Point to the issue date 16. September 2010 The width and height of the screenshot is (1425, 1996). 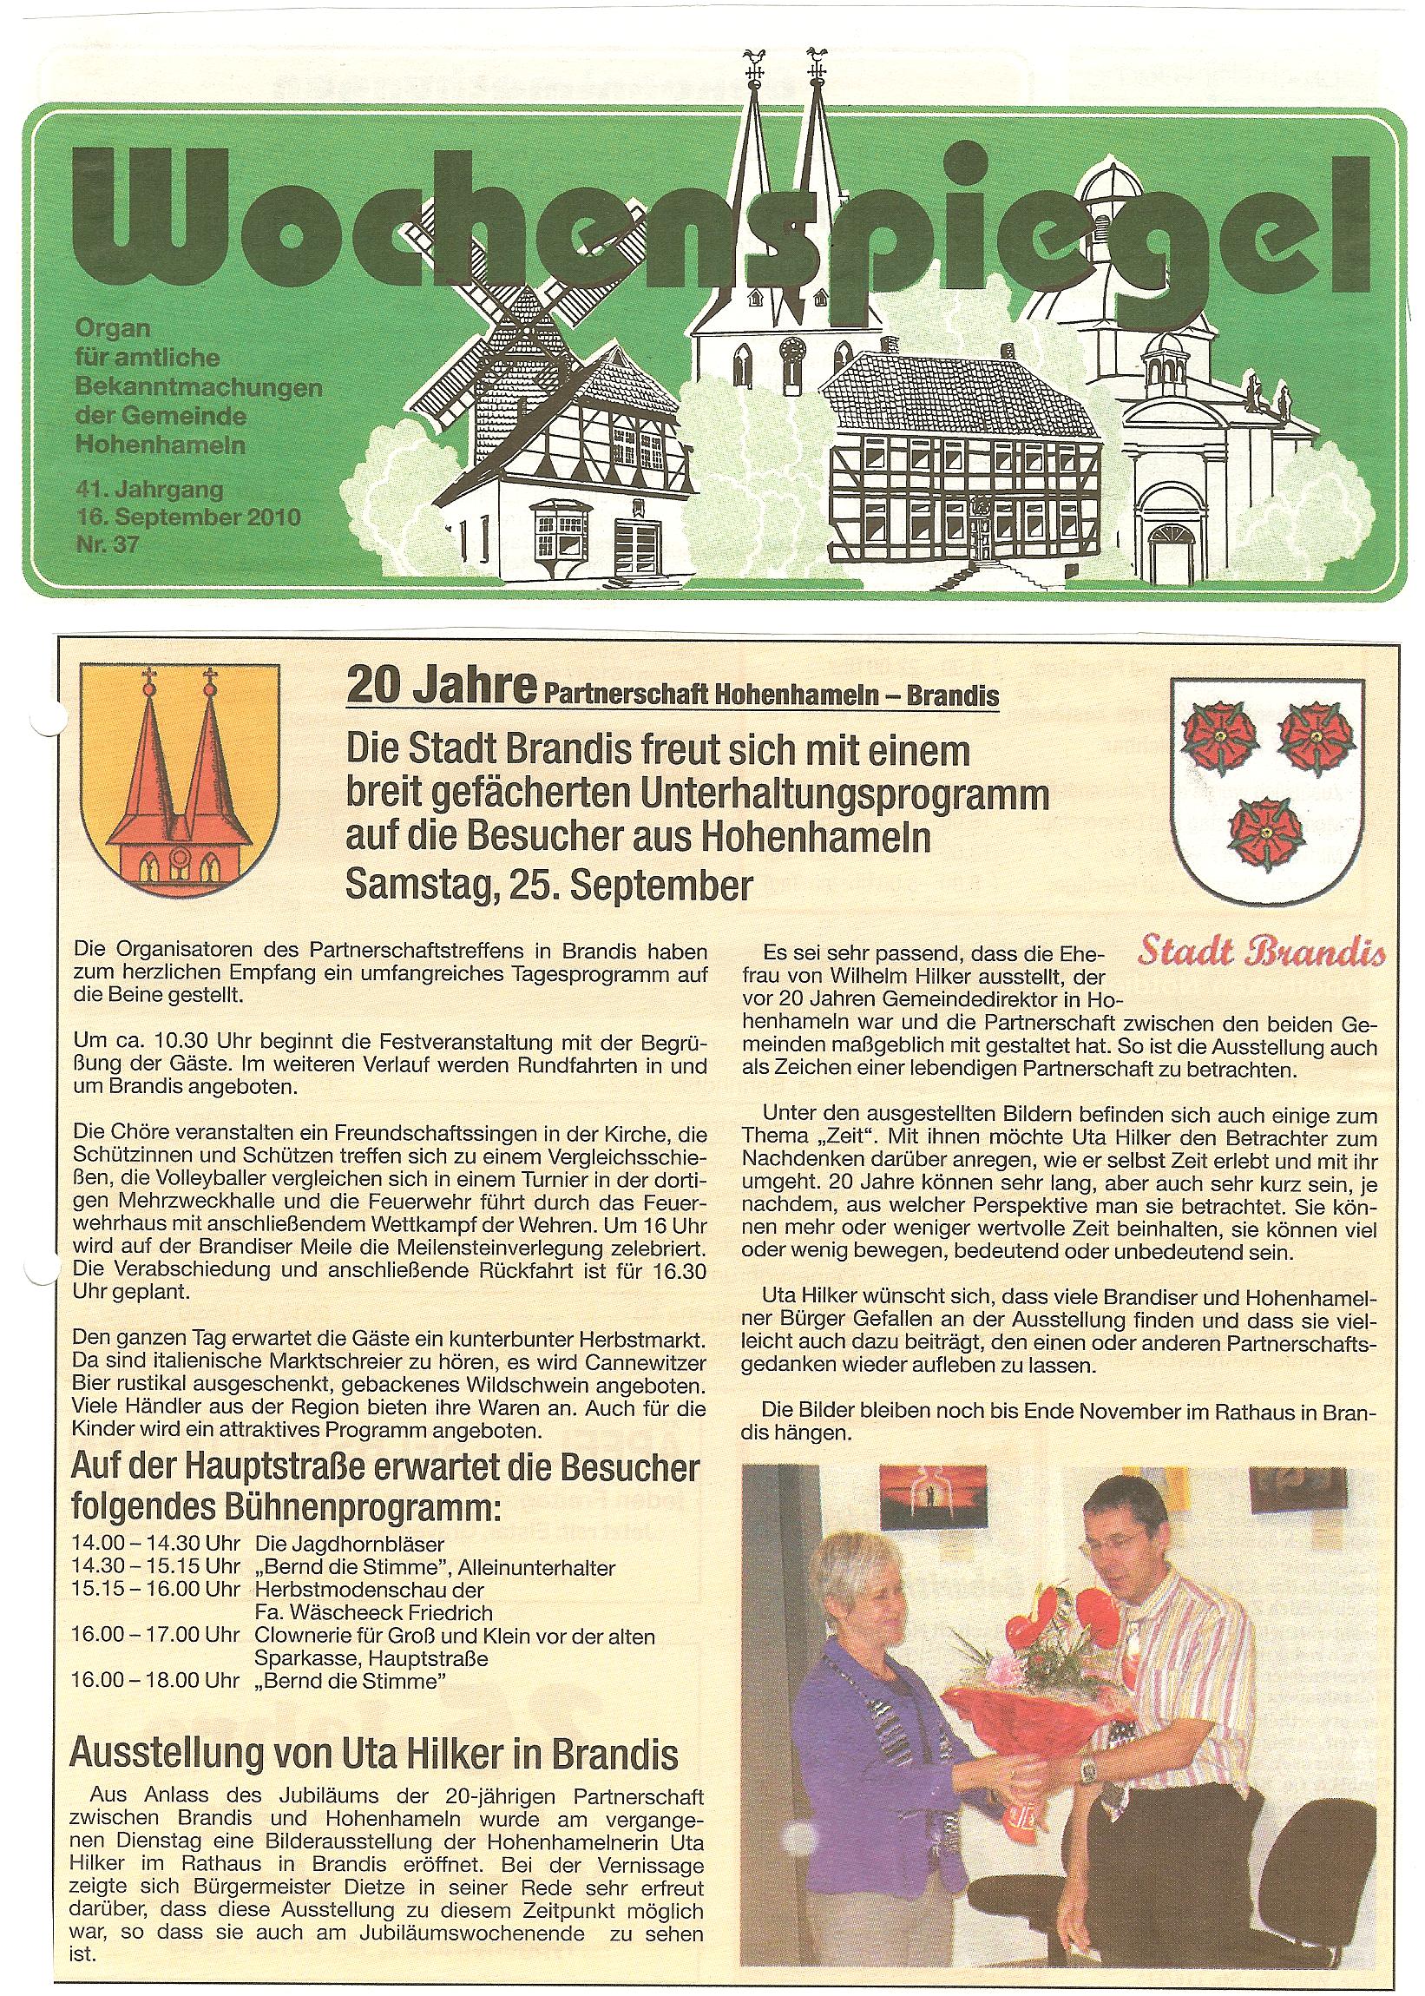click(x=187, y=517)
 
